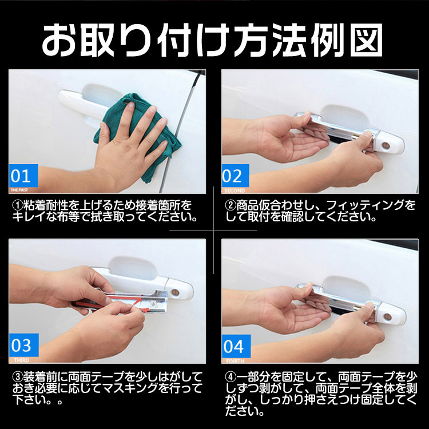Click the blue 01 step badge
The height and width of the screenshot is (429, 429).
23,174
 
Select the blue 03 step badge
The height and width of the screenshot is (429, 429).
23,345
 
